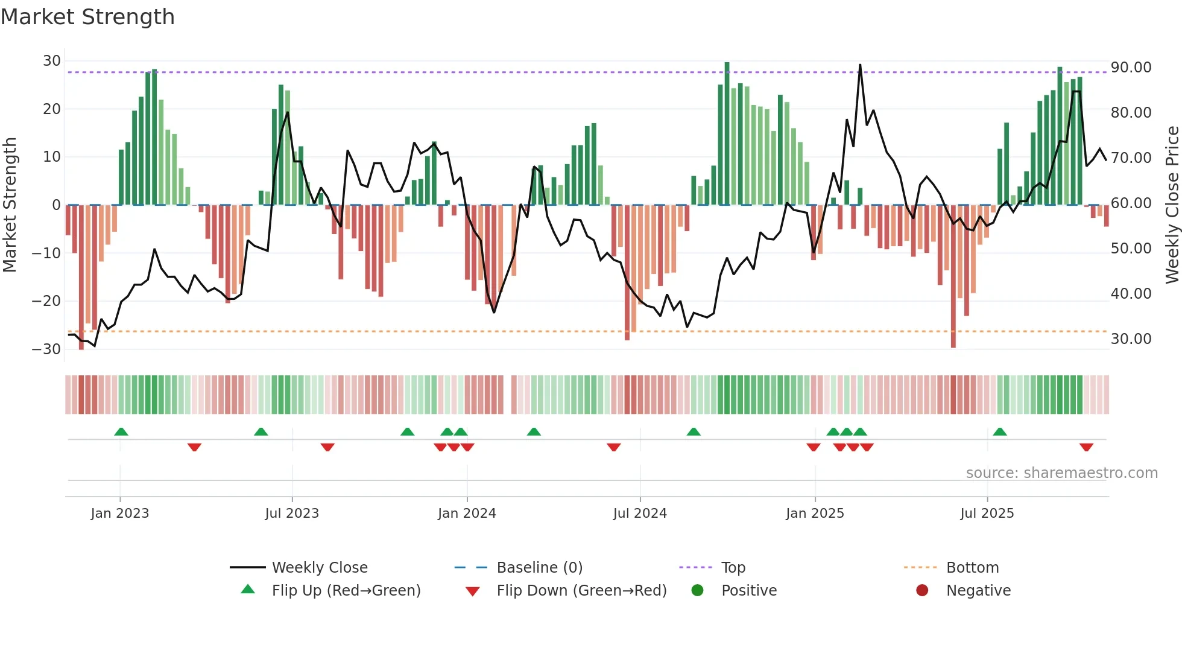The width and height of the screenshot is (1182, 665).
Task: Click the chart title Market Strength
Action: pyautogui.click(x=87, y=17)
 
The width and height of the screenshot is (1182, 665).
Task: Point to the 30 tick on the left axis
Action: pyautogui.click(x=51, y=61)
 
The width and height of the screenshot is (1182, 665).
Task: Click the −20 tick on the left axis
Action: pyautogui.click(x=46, y=301)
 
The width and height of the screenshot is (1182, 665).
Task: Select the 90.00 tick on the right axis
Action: pyautogui.click(x=1131, y=68)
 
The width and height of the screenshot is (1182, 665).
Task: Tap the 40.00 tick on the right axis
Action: pyautogui.click(x=1131, y=294)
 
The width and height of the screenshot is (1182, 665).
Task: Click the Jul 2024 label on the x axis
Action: pyautogui.click(x=640, y=514)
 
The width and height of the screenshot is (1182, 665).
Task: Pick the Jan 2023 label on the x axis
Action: pyautogui.click(x=120, y=514)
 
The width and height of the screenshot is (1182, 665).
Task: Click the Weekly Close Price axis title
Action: pyautogui.click(x=1172, y=205)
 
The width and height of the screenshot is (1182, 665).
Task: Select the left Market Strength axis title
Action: pyautogui.click(x=10, y=205)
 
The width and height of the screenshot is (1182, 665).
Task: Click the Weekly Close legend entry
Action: pyautogui.click(x=320, y=568)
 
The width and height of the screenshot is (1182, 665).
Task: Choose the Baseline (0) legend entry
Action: pyautogui.click(x=539, y=568)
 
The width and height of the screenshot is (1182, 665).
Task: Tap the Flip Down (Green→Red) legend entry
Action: pyautogui.click(x=581, y=591)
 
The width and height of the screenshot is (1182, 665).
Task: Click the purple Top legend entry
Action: pyautogui.click(x=733, y=568)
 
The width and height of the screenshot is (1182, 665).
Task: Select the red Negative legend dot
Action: pyautogui.click(x=922, y=591)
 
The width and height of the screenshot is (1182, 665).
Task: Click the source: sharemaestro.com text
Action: pyautogui.click(x=1061, y=473)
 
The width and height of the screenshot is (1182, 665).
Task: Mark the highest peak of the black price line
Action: pyautogui.click(x=860, y=65)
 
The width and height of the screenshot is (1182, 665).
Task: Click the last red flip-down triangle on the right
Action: pyautogui.click(x=1086, y=447)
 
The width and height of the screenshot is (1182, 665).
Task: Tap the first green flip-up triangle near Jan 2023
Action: pyautogui.click(x=121, y=431)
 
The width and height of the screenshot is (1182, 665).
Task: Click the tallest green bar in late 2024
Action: pyautogui.click(x=727, y=133)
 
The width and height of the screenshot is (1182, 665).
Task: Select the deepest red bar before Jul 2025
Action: pyautogui.click(x=953, y=278)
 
